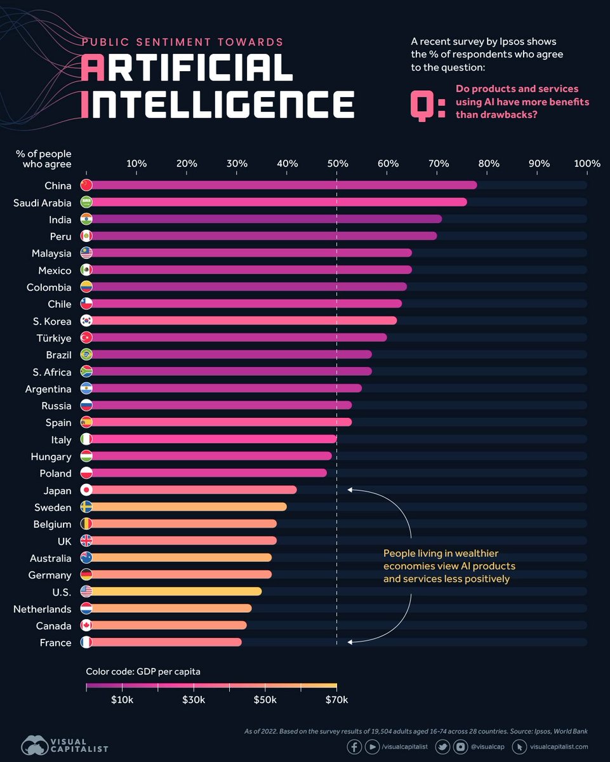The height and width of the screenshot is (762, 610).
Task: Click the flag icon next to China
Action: click(x=86, y=185)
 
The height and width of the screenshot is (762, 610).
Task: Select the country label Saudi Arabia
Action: click(x=43, y=203)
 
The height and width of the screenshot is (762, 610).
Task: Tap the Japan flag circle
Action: click(x=86, y=490)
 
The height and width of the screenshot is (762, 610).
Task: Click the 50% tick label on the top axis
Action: click(x=337, y=164)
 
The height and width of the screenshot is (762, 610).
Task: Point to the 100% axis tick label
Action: click(x=587, y=164)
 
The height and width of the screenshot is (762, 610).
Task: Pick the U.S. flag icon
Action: click(x=86, y=592)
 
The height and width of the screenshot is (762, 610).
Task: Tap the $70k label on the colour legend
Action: click(x=336, y=700)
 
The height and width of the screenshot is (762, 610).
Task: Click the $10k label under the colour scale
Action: click(x=122, y=700)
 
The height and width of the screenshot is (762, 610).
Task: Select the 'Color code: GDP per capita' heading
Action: click(x=143, y=671)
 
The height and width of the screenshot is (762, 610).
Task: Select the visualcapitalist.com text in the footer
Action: click(x=559, y=747)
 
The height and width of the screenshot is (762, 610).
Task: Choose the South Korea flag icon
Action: click(x=86, y=321)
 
